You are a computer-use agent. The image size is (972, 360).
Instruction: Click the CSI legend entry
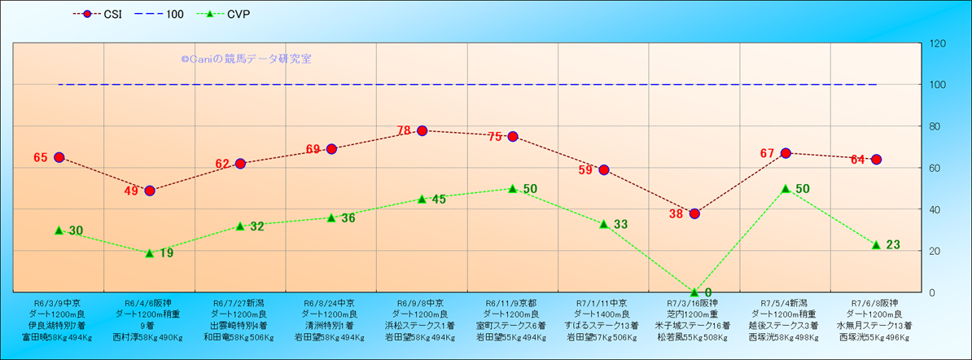(x=106, y=14)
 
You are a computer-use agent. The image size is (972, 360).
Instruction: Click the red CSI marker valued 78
(x=422, y=130)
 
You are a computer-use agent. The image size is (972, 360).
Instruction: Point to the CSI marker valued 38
(x=694, y=213)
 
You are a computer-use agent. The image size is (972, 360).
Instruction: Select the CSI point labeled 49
(x=150, y=191)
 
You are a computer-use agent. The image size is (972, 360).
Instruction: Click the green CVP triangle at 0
(x=694, y=292)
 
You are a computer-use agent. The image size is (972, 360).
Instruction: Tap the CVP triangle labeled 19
(x=150, y=252)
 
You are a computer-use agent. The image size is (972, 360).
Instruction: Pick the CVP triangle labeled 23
(x=876, y=244)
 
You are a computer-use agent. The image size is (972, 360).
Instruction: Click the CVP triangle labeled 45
(x=422, y=199)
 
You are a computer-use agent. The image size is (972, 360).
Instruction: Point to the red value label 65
(x=41, y=157)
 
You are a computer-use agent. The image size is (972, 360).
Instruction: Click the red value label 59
(x=585, y=170)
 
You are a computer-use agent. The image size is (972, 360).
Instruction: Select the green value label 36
(x=348, y=217)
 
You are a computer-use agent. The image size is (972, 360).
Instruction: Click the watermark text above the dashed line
(x=246, y=59)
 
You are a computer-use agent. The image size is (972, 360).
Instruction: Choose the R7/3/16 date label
(x=694, y=302)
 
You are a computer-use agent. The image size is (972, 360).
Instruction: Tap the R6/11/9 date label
(x=512, y=302)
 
